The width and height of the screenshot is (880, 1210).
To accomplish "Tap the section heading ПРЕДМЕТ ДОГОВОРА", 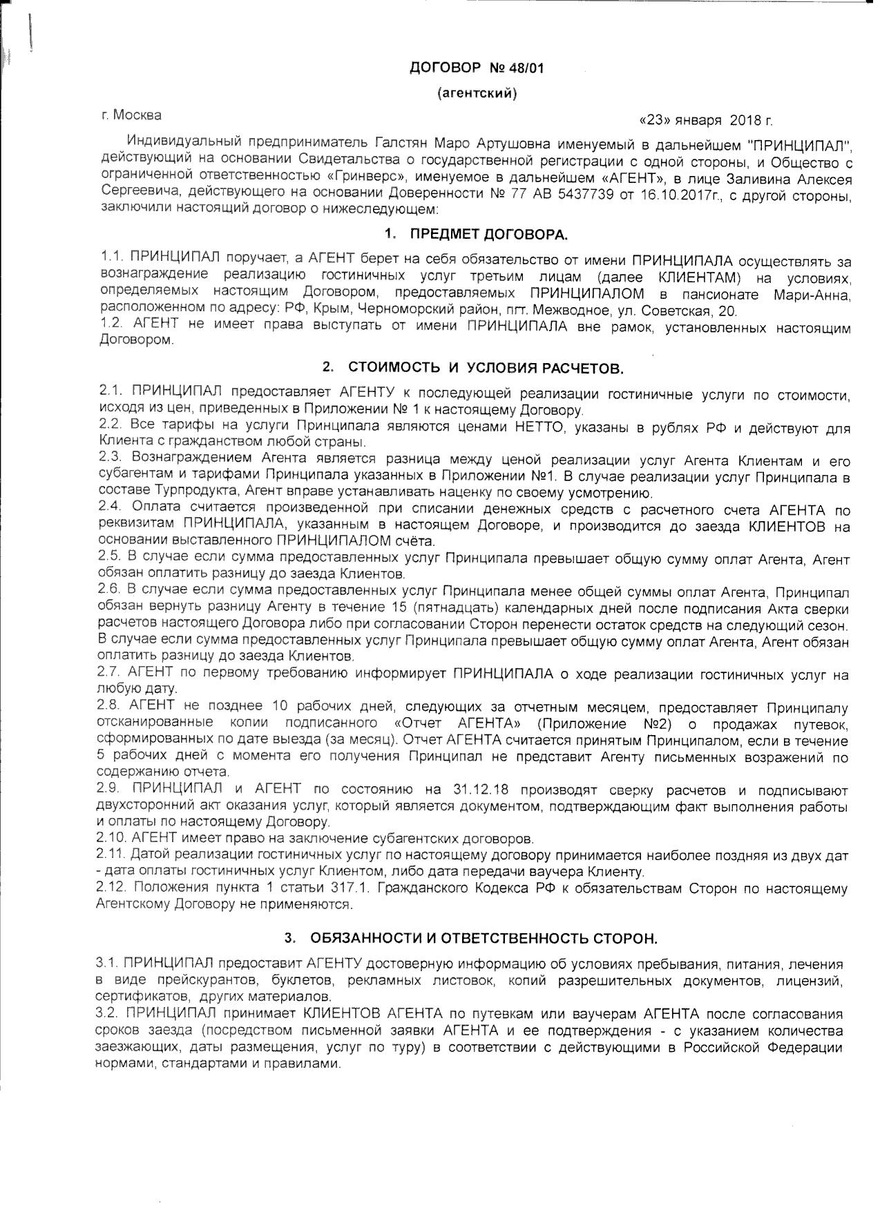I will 489,235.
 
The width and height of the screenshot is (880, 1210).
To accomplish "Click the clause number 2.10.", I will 112,839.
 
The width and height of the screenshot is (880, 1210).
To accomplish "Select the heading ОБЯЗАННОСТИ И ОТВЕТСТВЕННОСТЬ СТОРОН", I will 484,938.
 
